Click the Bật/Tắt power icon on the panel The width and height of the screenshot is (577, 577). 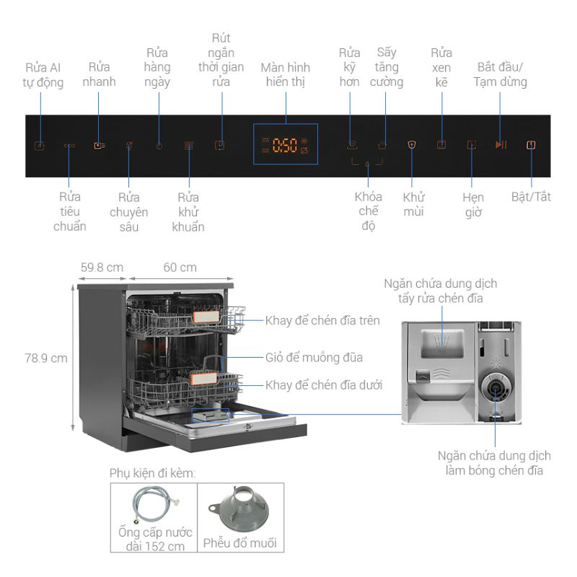coord(531,145)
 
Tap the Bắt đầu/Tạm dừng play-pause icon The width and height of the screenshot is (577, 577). coord(501,145)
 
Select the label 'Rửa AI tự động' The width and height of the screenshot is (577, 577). coord(43,75)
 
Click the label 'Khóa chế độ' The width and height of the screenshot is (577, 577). coord(367,211)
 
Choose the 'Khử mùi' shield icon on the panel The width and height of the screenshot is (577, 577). coord(412,145)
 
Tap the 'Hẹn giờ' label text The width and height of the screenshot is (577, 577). coord(473,204)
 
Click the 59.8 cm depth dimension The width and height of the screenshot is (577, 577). coord(102,268)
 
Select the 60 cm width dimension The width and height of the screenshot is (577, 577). coord(180,268)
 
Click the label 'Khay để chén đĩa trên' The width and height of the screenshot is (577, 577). coord(322,320)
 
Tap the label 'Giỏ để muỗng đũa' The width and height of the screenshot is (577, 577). coord(313,358)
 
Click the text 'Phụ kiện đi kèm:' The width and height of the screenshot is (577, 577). coord(153,473)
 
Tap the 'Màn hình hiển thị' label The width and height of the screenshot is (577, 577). coord(286,75)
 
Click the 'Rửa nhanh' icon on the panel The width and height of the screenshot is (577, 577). coord(99,145)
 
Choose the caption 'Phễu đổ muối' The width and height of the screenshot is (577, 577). coord(239,542)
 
